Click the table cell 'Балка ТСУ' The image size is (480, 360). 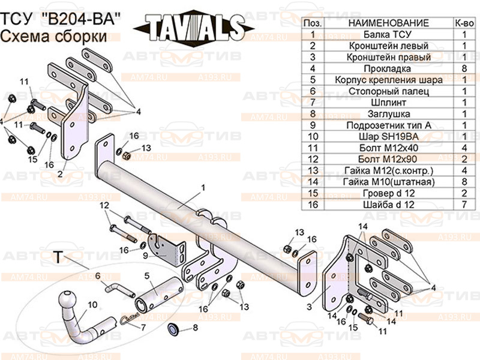tap(388, 35)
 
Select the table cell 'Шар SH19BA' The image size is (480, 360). tap(388, 136)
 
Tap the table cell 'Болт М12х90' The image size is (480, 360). tap(388, 159)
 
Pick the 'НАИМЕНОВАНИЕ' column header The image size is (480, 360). tap(388, 23)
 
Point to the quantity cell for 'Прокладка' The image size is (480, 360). tap(464, 68)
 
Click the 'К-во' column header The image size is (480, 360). tap(464, 23)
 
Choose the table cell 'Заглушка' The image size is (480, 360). tap(388, 113)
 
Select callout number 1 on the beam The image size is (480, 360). tap(203, 188)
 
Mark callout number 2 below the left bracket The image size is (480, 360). tap(60, 175)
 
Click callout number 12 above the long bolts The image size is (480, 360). tap(104, 205)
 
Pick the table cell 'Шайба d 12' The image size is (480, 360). tap(388, 204)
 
